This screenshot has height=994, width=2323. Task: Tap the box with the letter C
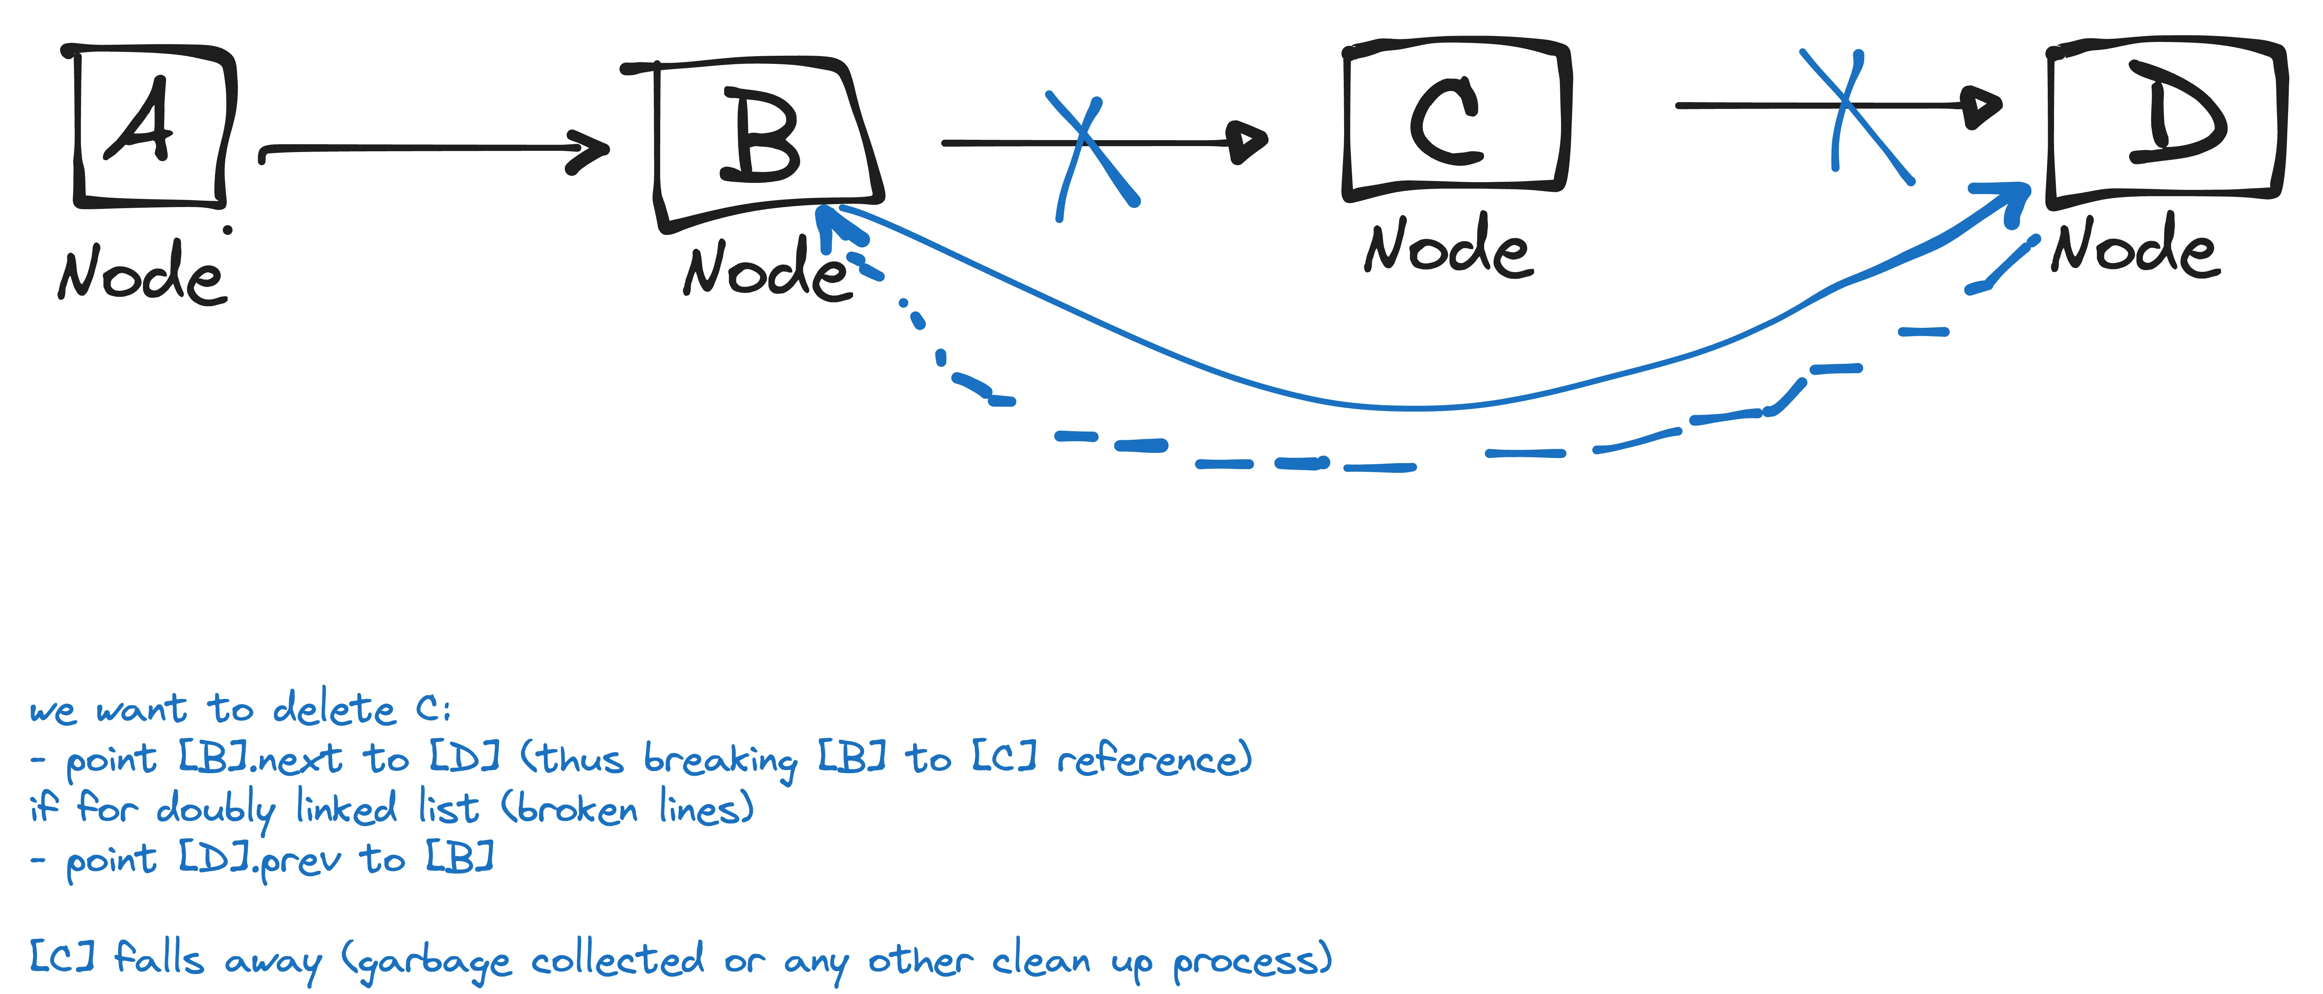[1454, 117]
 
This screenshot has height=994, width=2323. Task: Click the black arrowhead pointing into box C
[1249, 142]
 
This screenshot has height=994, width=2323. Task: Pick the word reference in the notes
[1154, 759]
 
